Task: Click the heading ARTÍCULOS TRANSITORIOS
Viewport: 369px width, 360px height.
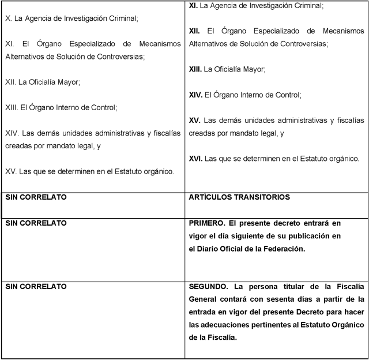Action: point(239,197)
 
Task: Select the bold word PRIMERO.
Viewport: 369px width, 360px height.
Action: point(206,223)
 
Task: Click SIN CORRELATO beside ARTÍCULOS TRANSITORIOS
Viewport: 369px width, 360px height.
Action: point(36,197)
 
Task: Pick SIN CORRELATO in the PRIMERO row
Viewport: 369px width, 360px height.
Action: point(36,223)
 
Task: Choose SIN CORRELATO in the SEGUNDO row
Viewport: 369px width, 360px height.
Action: point(36,286)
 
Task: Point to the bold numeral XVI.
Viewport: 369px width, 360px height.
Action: point(195,158)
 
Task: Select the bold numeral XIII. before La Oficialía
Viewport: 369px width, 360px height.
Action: point(195,69)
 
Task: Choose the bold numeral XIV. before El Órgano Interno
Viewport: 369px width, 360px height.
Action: point(195,95)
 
